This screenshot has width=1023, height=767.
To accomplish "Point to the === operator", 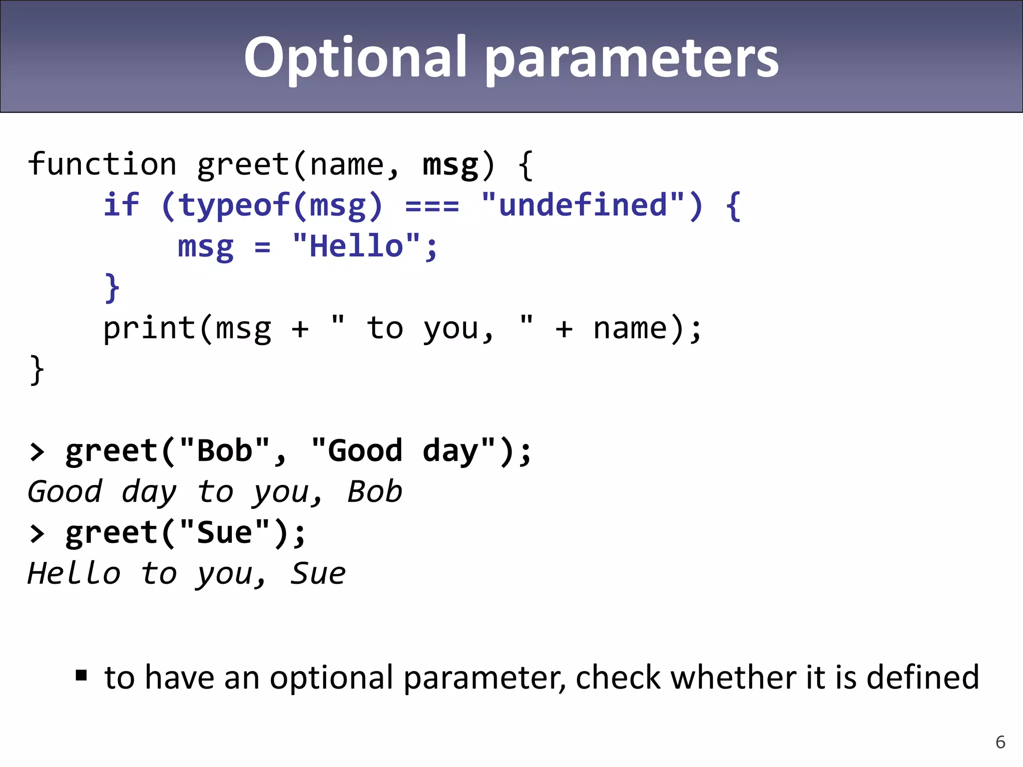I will point(432,206).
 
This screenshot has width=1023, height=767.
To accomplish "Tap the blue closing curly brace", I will point(112,288).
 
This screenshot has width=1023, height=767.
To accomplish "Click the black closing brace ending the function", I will point(37,370).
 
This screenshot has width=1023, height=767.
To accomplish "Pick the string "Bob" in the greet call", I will point(225,451).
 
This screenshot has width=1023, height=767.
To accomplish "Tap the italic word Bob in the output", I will point(375,492).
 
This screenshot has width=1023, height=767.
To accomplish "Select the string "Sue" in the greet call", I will point(225,533).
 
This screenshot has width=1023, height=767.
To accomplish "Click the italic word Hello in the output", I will point(74,573).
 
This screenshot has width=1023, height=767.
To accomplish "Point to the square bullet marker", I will point(81,676).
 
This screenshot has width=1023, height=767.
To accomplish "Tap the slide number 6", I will point(1000,742).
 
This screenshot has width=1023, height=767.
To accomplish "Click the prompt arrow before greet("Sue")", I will point(37,533).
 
